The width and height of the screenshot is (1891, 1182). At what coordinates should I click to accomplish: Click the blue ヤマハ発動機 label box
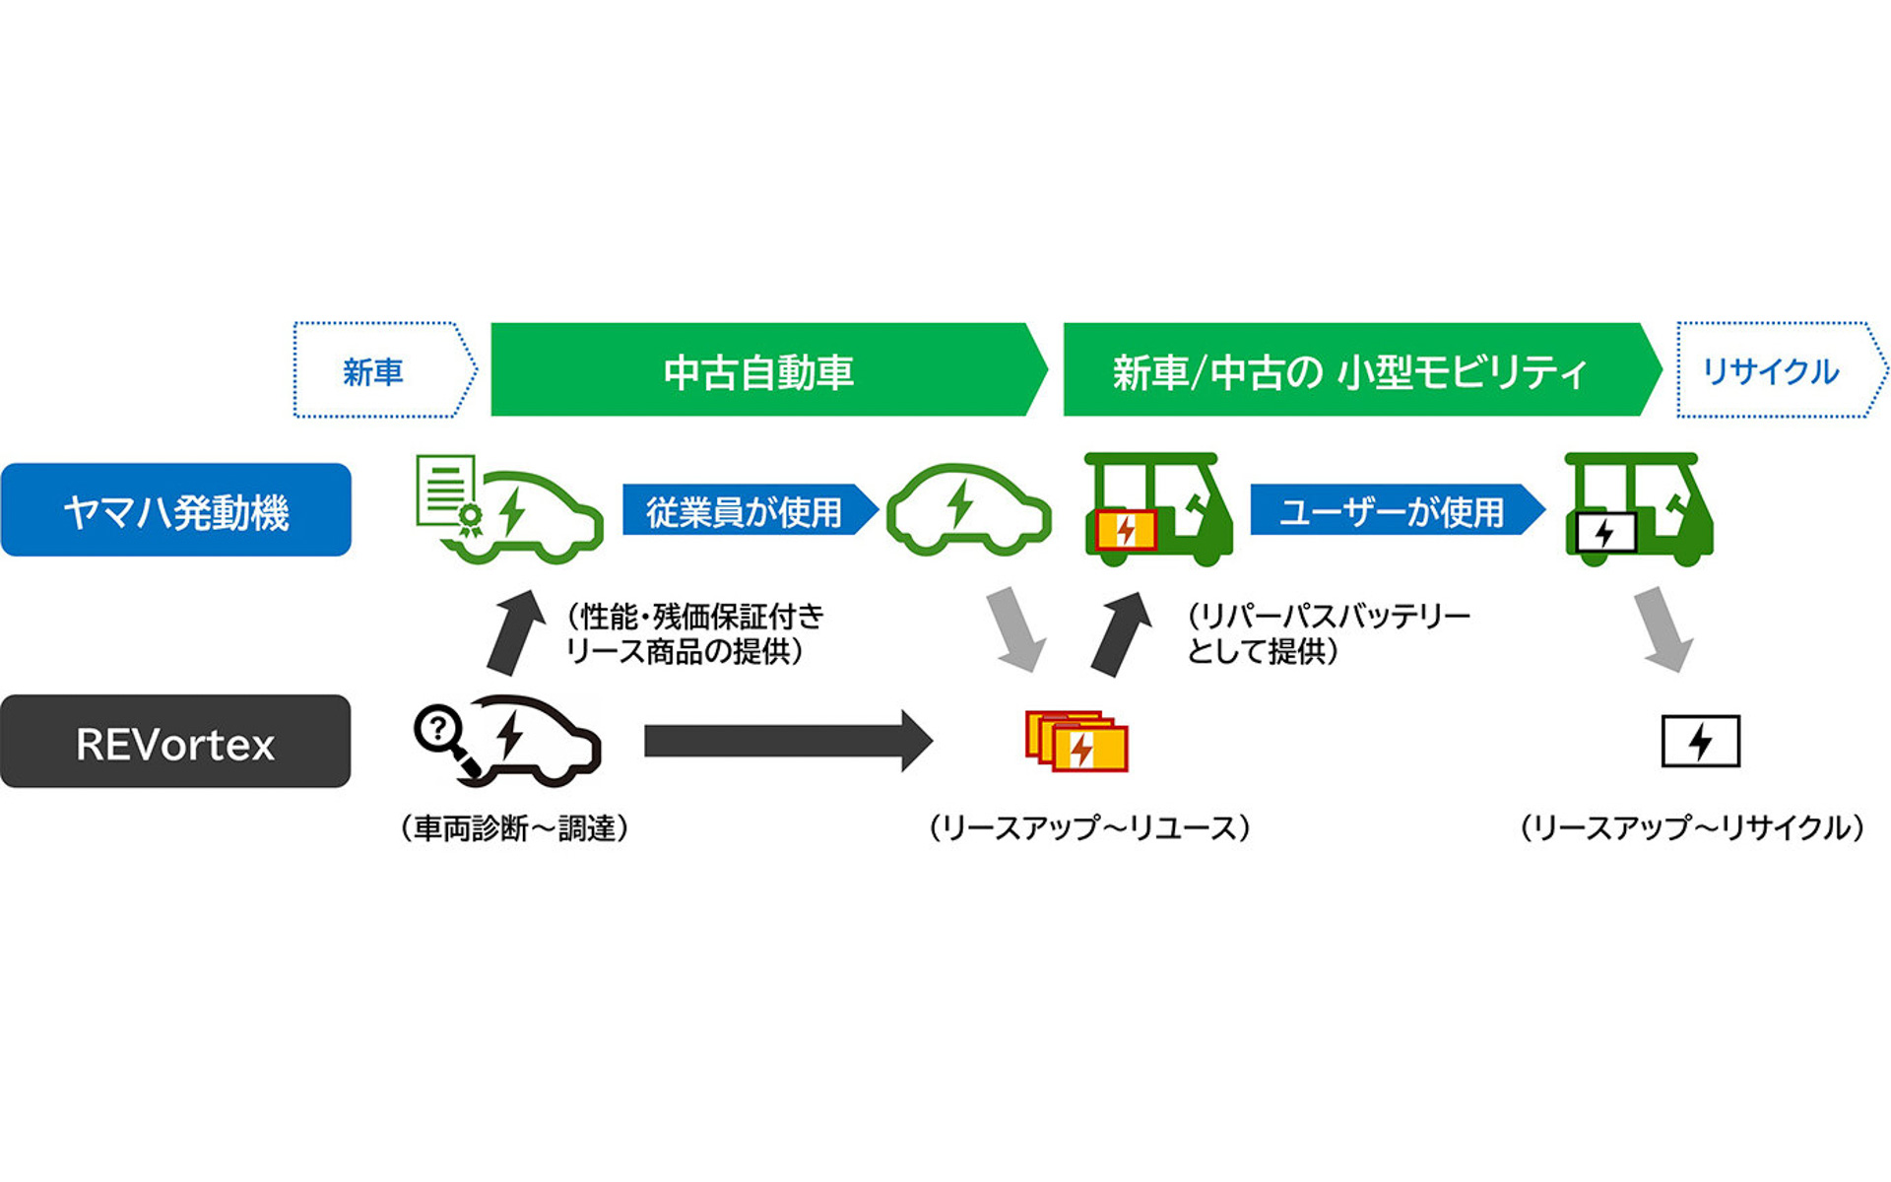175,510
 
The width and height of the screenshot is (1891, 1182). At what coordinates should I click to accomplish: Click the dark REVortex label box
175,742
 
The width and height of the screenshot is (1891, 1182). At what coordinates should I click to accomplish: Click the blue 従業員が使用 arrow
746,510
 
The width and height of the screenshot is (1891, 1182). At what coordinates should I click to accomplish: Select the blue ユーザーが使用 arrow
1392,510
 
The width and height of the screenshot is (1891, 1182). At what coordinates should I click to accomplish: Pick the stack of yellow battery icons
1076,741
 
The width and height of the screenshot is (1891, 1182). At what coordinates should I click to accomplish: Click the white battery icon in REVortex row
1700,741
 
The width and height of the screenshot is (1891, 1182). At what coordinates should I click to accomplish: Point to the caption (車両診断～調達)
514,828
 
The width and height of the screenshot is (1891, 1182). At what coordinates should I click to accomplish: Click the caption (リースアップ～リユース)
1089,828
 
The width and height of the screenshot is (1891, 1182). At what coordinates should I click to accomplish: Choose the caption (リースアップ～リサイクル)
1692,828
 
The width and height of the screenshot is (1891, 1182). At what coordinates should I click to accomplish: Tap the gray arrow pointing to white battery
1664,628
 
